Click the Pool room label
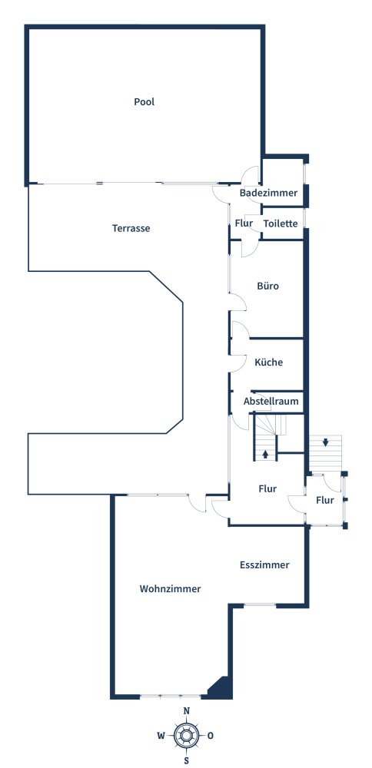144,101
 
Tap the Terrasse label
131,228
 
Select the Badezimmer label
268,193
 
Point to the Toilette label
281,223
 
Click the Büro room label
268,286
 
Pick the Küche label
269,362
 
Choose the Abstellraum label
271,402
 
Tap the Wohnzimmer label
170,589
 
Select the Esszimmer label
264,564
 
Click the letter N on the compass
186,711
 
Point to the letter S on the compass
186,760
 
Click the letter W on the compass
161,736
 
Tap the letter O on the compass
211,736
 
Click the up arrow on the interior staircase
265,454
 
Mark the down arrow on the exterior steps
326,442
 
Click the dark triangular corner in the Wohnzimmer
222,688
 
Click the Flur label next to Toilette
244,223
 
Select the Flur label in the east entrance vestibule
325,500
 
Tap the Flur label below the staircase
267,488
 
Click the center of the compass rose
186,736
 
